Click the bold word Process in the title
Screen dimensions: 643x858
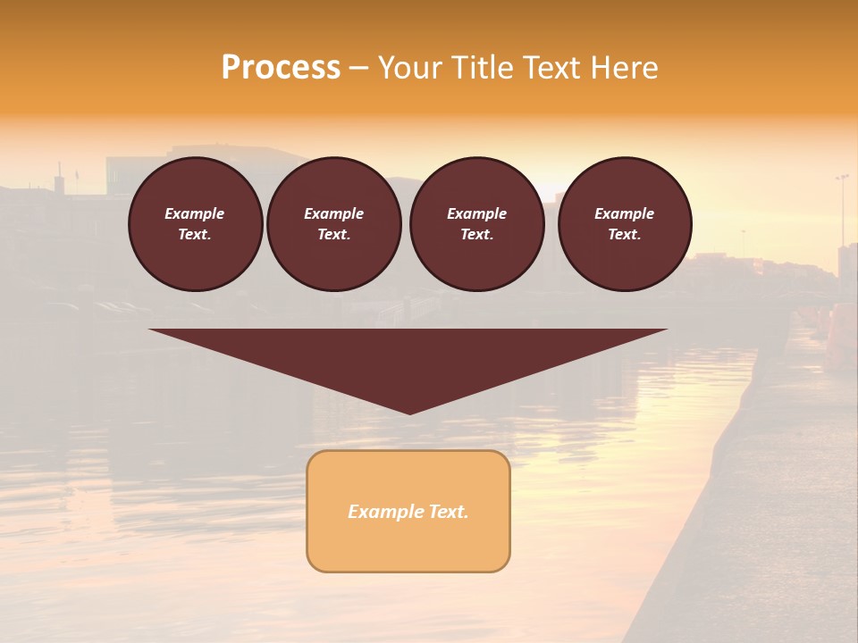click(x=281, y=68)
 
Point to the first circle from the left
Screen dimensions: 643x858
click(x=196, y=224)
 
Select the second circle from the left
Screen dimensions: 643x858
click(x=334, y=224)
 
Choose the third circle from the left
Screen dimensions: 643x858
click(x=476, y=224)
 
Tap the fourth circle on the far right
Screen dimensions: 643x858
click(x=625, y=224)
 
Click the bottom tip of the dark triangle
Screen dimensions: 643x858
click(x=409, y=413)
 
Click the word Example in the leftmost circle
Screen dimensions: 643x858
click(x=195, y=213)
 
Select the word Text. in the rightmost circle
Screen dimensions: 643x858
click(x=625, y=234)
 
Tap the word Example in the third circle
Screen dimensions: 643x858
click(x=476, y=213)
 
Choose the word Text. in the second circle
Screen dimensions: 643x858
click(x=334, y=234)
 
